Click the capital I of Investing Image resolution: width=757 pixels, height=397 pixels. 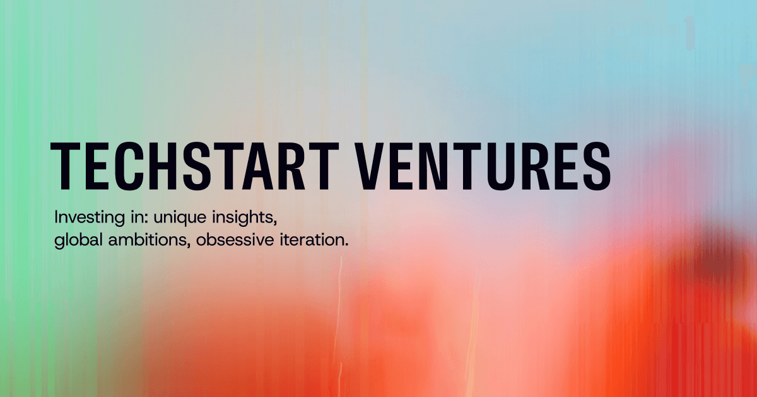[x=57, y=217]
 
